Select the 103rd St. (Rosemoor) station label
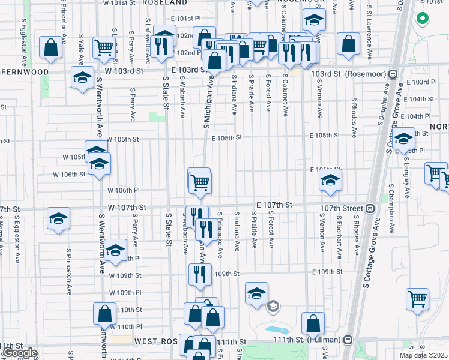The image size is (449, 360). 349,74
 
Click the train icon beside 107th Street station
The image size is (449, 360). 370,209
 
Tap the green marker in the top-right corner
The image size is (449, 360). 422,19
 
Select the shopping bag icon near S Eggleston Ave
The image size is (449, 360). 51,47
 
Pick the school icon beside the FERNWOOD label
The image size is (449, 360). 82,77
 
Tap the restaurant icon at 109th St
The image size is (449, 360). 199,274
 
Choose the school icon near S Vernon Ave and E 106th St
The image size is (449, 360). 330,180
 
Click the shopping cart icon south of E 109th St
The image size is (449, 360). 417,299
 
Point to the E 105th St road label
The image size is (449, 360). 226,137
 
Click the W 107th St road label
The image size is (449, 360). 127,207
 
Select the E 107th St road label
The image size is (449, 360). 274,205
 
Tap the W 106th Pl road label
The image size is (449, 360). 123,190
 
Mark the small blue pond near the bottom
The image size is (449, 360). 277,331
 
